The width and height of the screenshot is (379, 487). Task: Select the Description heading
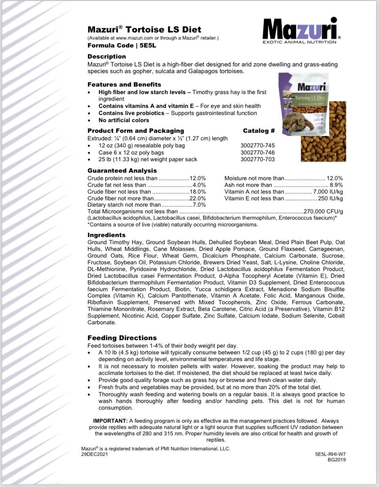pos(106,56)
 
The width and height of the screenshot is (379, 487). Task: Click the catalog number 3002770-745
pos(258,145)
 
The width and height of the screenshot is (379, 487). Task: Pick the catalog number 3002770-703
pos(258,159)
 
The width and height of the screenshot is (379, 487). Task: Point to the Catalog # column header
pos(259,131)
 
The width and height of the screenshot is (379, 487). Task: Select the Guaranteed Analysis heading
pos(122,171)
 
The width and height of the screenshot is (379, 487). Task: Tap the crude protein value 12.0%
pos(198,178)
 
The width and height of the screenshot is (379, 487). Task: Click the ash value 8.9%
pos(336,185)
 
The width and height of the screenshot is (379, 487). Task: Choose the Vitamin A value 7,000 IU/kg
pos(328,192)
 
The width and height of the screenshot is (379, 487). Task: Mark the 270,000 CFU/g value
pos(323,211)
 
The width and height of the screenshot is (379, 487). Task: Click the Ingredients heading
pos(106,235)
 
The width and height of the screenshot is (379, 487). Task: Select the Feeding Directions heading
pos(122,338)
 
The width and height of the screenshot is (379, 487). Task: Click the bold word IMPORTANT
pos(110,421)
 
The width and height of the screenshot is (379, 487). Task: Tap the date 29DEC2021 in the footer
pos(94,454)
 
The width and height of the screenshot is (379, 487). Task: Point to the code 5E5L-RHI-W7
pos(330,454)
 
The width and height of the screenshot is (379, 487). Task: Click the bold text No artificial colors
pos(124,120)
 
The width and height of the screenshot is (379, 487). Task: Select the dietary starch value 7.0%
pos(199,205)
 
